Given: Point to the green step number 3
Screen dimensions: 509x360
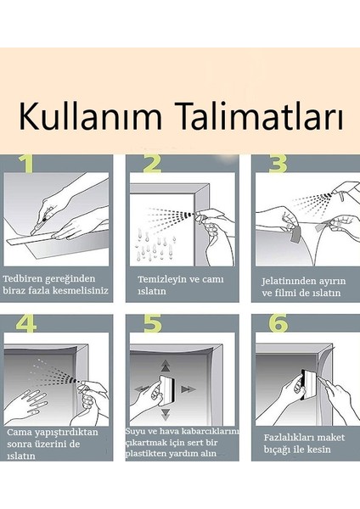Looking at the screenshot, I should click(x=278, y=165).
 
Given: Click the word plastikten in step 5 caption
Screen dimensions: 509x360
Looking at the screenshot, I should click(x=150, y=454).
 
